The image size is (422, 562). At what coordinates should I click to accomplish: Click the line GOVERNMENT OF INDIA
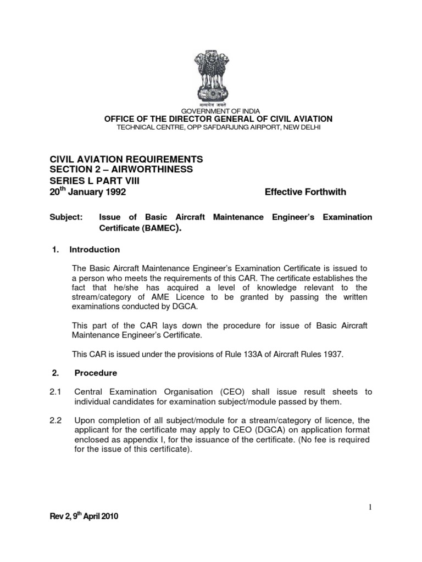[x=210, y=110]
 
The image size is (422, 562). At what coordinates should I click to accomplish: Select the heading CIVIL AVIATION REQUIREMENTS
[x=126, y=159]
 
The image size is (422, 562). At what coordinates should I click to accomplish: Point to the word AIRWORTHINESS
[x=154, y=170]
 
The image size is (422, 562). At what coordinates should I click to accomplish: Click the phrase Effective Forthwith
[x=306, y=192]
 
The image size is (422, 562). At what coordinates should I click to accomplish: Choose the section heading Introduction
[x=95, y=250]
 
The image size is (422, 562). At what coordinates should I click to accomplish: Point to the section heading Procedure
[x=96, y=373]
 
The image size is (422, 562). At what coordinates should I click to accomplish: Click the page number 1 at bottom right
[x=370, y=507]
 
